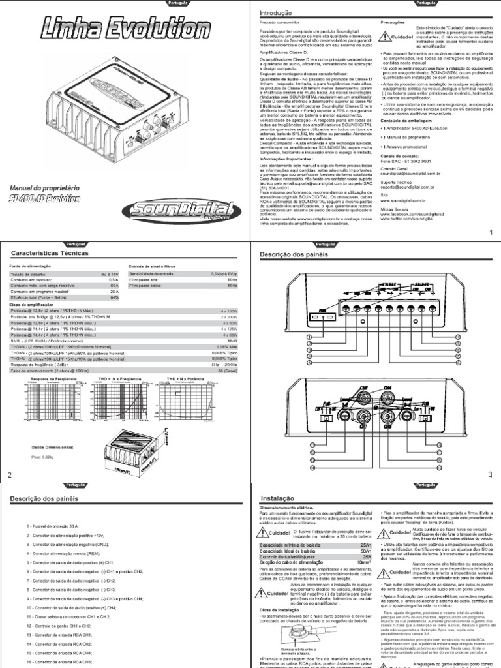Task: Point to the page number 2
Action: click(10, 474)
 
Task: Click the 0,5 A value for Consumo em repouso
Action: click(114, 281)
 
